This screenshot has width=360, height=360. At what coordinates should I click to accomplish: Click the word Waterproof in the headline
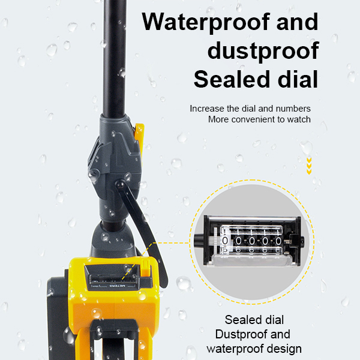coord(206,23)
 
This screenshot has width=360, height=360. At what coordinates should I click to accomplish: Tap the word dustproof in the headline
coord(263,51)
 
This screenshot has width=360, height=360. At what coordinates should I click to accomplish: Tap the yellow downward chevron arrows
coord(309,166)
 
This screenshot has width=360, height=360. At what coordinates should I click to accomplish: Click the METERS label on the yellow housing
coord(117,286)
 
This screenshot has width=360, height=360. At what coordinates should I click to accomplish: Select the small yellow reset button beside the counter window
coord(145,268)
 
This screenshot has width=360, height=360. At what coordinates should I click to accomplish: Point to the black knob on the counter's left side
coord(199,241)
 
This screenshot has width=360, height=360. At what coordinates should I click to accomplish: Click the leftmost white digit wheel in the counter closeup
coord(225,241)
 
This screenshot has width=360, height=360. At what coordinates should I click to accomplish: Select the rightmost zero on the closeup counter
coord(278,241)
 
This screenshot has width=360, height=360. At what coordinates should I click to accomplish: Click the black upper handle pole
coord(115,58)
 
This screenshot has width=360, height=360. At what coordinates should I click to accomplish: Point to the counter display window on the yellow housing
coord(113,279)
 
